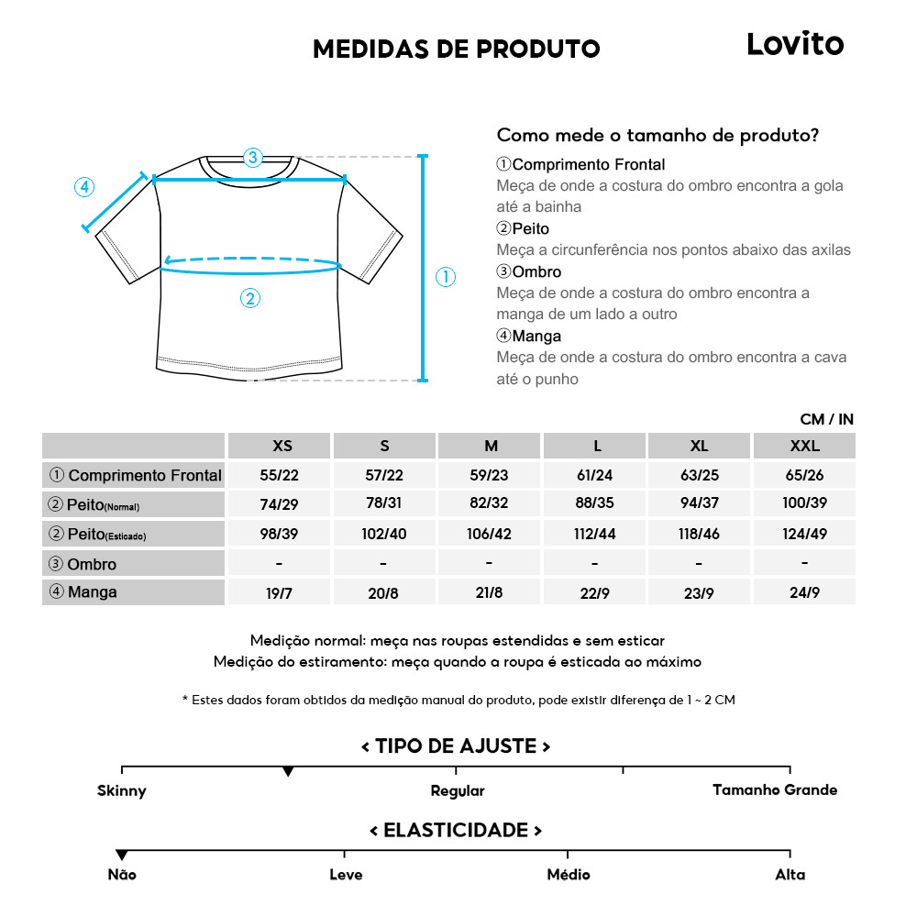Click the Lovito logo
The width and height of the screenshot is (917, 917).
[x=794, y=44]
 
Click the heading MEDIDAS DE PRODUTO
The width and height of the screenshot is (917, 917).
[x=456, y=49]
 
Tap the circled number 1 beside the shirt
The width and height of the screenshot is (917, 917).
[x=446, y=277]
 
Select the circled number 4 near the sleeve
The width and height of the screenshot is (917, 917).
[x=83, y=187]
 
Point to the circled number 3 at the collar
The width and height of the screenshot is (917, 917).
[x=253, y=157]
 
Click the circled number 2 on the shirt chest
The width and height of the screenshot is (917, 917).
[x=250, y=297]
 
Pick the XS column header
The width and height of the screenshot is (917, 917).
[x=282, y=446]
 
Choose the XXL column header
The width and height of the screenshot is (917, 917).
[x=804, y=446]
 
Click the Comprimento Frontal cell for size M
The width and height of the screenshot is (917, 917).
[x=490, y=475]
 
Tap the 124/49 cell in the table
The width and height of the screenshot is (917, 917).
[x=804, y=533]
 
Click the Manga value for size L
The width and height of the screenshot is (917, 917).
[x=595, y=592]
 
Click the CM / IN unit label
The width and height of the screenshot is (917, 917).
[x=826, y=419]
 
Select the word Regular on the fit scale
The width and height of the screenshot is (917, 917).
[x=458, y=790]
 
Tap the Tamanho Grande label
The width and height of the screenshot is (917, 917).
[x=775, y=790]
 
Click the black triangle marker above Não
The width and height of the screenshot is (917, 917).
[x=122, y=855]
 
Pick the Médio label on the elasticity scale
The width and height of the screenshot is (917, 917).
[x=568, y=875]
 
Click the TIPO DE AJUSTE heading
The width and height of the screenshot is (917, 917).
[x=456, y=746]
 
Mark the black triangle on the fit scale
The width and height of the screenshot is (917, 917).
[x=288, y=772]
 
